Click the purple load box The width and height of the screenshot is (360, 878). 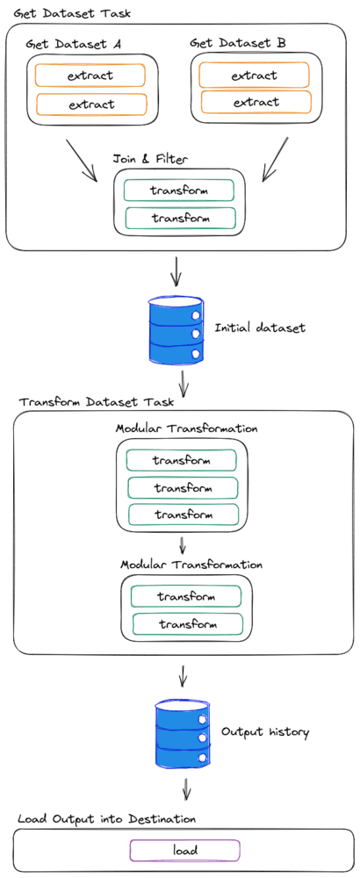(184, 850)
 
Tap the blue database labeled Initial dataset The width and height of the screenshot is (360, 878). (176, 330)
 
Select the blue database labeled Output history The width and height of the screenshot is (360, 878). (183, 733)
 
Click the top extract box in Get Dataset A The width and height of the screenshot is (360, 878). (90, 75)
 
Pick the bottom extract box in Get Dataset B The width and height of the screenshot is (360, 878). (256, 102)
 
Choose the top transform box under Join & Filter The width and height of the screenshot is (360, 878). (178, 191)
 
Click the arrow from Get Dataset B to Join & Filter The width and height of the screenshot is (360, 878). (276, 159)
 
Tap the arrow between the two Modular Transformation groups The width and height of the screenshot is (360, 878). (182, 544)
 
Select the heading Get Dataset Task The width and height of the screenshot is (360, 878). (72, 13)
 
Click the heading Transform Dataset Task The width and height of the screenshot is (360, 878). (97, 402)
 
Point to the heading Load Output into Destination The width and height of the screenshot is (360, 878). (106, 818)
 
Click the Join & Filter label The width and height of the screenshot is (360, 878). (150, 158)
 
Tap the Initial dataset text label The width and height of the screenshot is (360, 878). (261, 327)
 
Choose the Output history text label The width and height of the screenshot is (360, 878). (265, 731)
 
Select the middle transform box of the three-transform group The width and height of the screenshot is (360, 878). (184, 487)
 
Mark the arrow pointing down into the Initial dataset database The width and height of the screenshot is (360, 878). (176, 271)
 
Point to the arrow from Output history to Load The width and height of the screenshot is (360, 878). (187, 787)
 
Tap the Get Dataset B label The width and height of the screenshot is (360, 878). (238, 42)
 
